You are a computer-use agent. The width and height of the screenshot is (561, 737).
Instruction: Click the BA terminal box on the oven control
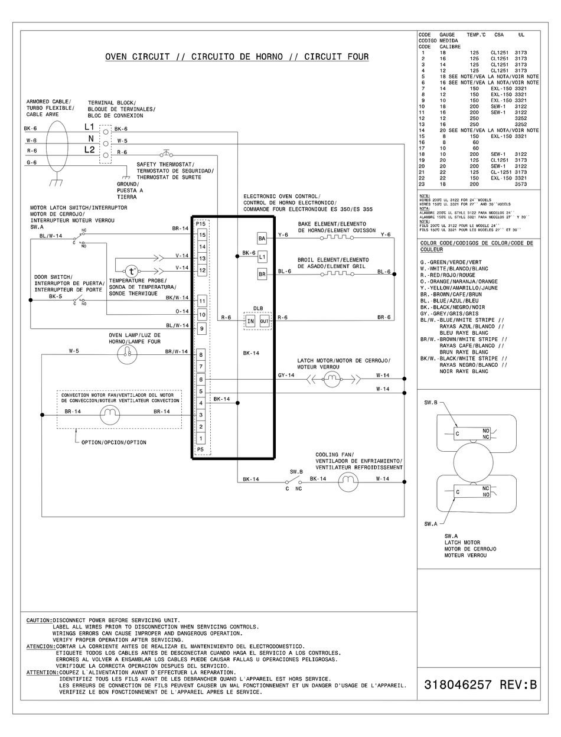262,238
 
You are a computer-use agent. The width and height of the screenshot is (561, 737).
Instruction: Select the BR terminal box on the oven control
262,274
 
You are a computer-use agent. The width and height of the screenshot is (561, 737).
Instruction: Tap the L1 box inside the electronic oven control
262,256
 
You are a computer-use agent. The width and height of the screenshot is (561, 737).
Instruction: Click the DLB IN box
250,321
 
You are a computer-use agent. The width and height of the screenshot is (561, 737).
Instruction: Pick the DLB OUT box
264,321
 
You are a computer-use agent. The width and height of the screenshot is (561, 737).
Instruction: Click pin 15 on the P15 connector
201,235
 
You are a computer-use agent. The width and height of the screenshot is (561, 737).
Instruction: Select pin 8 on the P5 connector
201,355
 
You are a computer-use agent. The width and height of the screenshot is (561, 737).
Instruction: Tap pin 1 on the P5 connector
201,438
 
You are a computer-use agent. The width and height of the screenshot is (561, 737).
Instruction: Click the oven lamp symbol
126,354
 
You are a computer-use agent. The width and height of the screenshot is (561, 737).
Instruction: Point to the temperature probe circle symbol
132,272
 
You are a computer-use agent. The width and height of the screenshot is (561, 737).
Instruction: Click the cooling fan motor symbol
348,482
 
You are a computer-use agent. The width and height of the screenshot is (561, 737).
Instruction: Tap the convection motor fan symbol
109,416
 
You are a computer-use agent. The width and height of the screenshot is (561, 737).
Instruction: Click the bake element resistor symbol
336,238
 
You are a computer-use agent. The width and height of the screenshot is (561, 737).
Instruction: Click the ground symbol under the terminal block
126,176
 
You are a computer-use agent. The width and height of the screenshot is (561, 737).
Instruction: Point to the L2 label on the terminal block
89,150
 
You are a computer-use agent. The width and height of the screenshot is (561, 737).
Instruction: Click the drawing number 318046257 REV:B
480,685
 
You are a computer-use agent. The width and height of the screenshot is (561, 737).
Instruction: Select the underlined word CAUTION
38,620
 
